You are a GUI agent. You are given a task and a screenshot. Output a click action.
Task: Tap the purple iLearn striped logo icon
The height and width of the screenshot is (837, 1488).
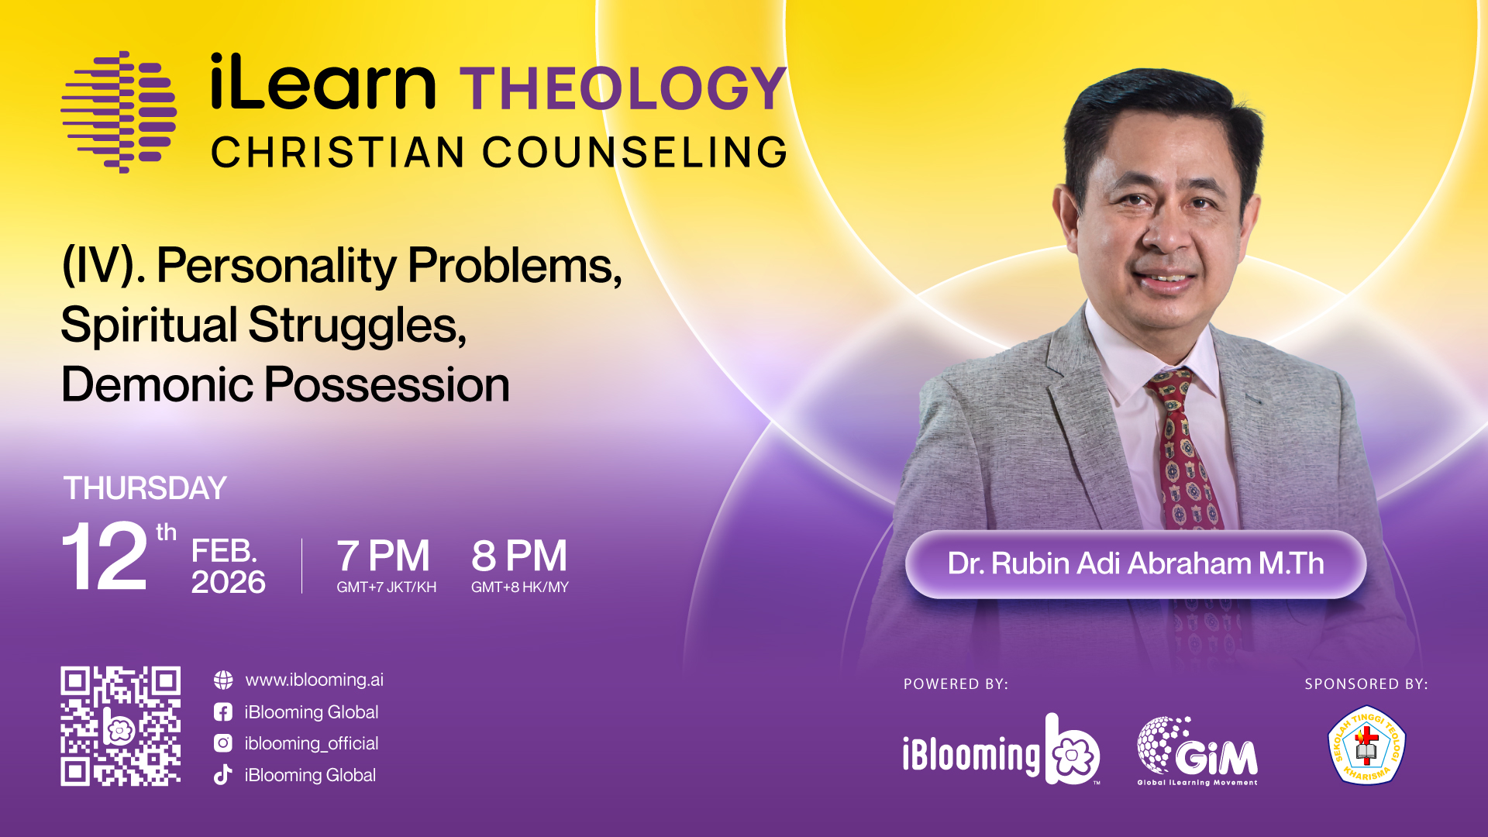pos(119,112)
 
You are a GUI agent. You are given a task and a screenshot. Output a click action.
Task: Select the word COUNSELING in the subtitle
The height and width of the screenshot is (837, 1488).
pos(635,152)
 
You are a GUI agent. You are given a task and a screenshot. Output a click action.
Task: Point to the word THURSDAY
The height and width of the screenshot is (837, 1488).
pos(145,488)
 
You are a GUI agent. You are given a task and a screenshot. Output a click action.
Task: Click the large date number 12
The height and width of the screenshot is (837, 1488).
pos(105,556)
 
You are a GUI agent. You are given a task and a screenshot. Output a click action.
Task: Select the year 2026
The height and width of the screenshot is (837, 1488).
pos(229,582)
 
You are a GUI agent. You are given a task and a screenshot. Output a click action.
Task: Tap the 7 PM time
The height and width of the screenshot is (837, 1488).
pos(383,556)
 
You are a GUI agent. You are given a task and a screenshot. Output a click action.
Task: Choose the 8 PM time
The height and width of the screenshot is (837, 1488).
pos(519,556)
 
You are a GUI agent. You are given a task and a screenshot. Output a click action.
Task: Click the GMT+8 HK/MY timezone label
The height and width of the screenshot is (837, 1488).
pos(520,587)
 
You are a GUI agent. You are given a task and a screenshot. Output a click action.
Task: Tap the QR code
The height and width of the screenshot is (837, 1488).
pos(121,726)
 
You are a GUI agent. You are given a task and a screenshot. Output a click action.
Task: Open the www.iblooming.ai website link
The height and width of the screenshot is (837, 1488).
pos(314,680)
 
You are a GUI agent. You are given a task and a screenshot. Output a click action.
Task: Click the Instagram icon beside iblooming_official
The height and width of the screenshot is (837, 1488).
pos(223,743)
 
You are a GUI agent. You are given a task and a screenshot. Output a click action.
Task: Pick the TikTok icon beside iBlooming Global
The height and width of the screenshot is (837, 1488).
pos(223,775)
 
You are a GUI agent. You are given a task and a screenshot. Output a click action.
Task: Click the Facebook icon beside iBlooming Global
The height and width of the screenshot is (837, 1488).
pos(223,712)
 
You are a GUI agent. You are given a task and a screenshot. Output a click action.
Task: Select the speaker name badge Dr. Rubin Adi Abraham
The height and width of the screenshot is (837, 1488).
pos(1135,564)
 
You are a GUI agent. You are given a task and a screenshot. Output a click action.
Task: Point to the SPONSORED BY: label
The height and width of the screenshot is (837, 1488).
pos(1366,684)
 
